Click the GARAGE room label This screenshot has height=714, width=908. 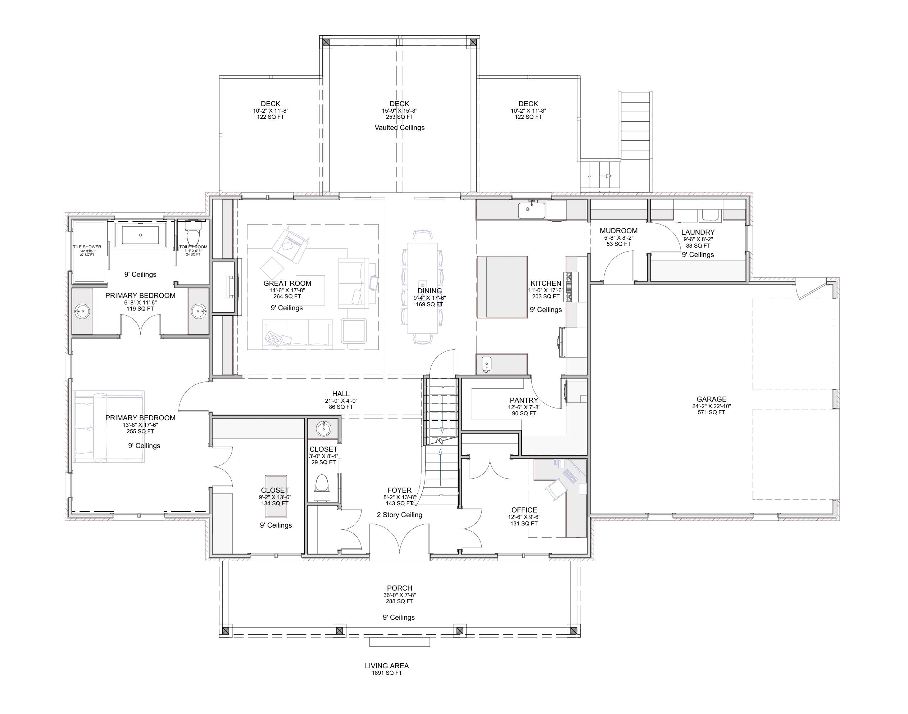click(711, 399)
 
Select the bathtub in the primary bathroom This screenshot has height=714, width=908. click(140, 235)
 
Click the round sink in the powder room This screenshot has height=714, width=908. click(323, 429)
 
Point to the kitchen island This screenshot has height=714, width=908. click(502, 287)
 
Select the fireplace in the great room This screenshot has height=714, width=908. click(230, 287)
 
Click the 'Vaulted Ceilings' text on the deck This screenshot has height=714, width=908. click(399, 127)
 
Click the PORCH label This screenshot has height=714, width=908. click(399, 588)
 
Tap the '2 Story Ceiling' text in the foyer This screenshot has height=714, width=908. click(399, 515)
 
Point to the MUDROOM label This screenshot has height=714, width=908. click(618, 231)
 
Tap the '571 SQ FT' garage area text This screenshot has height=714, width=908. click(711, 412)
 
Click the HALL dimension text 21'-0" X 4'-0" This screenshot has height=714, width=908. click(341, 401)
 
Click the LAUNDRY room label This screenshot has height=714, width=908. click(698, 232)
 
